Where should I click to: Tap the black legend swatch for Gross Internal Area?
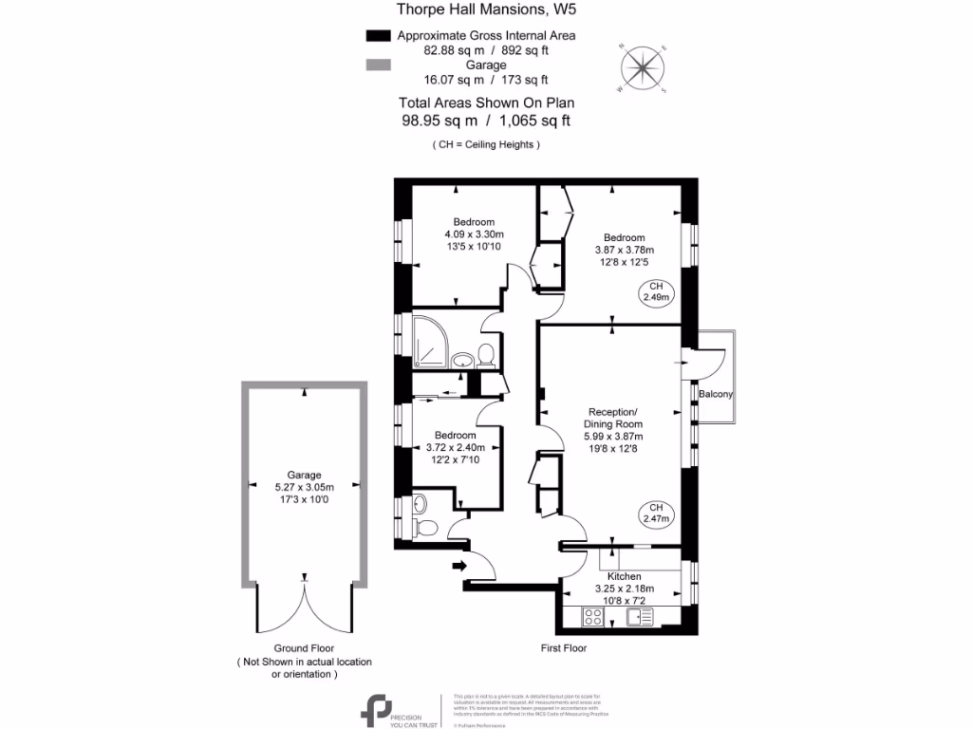378,36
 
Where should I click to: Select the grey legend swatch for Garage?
378,65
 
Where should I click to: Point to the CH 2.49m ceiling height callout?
656,292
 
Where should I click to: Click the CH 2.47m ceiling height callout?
656,513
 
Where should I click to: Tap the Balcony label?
716,394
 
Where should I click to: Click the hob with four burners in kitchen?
593,617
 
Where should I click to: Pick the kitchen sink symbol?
641,617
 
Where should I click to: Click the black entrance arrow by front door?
460,567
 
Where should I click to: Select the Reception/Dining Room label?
613,418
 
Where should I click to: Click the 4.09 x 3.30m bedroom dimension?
473,234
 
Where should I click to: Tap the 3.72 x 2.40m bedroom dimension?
454,448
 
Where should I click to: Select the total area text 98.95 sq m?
439,121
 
